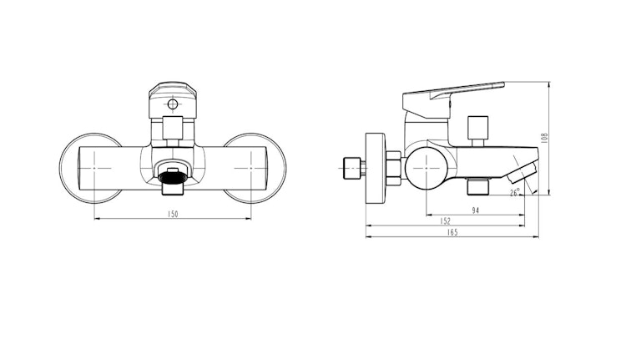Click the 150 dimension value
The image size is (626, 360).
tap(174, 215)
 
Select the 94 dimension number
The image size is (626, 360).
tap(475, 210)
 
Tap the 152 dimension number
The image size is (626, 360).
tap(446, 221)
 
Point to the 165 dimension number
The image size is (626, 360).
tap(452, 232)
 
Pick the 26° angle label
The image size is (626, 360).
tap(516, 192)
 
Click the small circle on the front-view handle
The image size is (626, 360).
tap(173, 105)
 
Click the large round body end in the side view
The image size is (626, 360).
tap(424, 167)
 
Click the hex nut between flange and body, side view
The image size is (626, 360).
tap(391, 167)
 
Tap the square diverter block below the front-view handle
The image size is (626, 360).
tap(173, 129)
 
